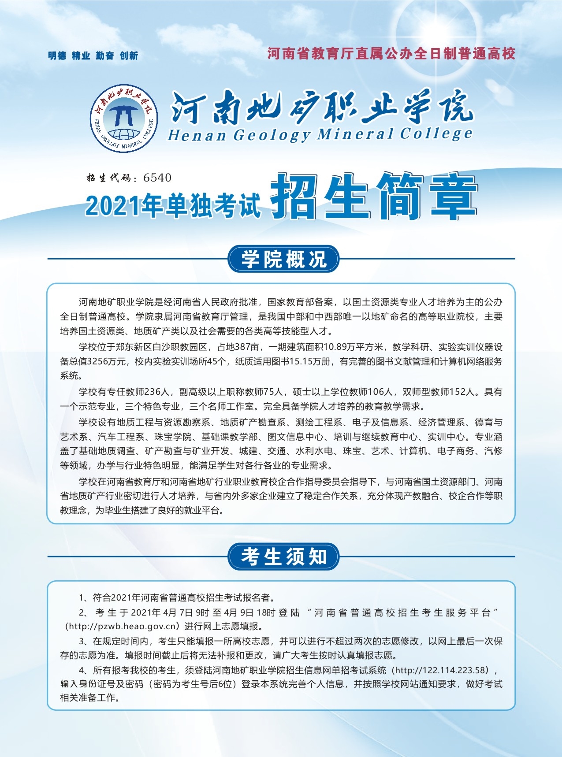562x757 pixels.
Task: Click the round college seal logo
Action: [x=124, y=118]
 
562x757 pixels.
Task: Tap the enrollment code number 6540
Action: [x=157, y=178]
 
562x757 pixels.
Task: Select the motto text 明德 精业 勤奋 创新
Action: [x=93, y=56]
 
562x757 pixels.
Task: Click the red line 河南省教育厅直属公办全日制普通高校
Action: [x=391, y=54]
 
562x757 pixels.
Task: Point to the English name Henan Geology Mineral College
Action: [x=320, y=134]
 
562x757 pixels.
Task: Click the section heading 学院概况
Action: [x=283, y=259]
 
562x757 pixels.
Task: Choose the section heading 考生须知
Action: [x=283, y=557]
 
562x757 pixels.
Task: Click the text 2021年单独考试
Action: [x=173, y=205]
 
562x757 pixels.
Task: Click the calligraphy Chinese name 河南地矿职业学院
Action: [x=322, y=107]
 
